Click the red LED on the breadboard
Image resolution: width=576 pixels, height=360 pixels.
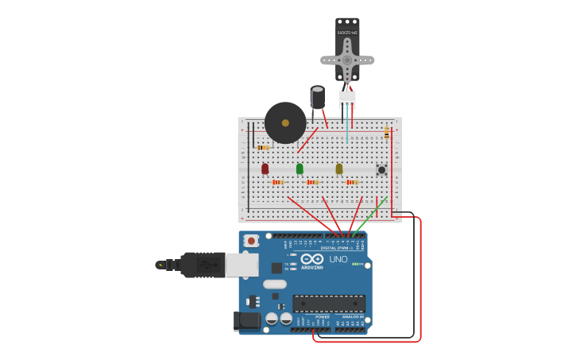(265, 168)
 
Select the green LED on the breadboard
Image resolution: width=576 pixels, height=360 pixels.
(300, 168)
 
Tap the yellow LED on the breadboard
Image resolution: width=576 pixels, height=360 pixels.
(339, 168)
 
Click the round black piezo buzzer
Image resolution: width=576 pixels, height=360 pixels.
(285, 122)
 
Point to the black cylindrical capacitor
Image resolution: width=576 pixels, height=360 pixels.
(318, 98)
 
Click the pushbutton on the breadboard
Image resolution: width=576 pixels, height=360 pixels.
(381, 169)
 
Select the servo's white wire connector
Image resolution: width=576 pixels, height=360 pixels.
(347, 99)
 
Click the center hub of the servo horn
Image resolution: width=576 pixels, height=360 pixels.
(347, 59)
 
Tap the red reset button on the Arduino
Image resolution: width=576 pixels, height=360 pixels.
(251, 240)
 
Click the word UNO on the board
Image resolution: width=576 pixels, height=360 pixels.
(338, 259)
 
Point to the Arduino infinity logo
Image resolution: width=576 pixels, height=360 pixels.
(312, 258)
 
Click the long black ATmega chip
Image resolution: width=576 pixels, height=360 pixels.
(329, 303)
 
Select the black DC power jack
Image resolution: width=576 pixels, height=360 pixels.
(247, 320)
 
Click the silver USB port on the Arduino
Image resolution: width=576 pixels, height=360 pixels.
(242, 265)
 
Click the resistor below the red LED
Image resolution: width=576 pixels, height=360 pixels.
(277, 182)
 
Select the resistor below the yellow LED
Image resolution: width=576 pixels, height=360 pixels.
(352, 182)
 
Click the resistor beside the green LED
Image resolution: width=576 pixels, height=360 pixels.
(313, 182)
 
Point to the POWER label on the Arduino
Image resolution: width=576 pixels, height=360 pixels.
(323, 316)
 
